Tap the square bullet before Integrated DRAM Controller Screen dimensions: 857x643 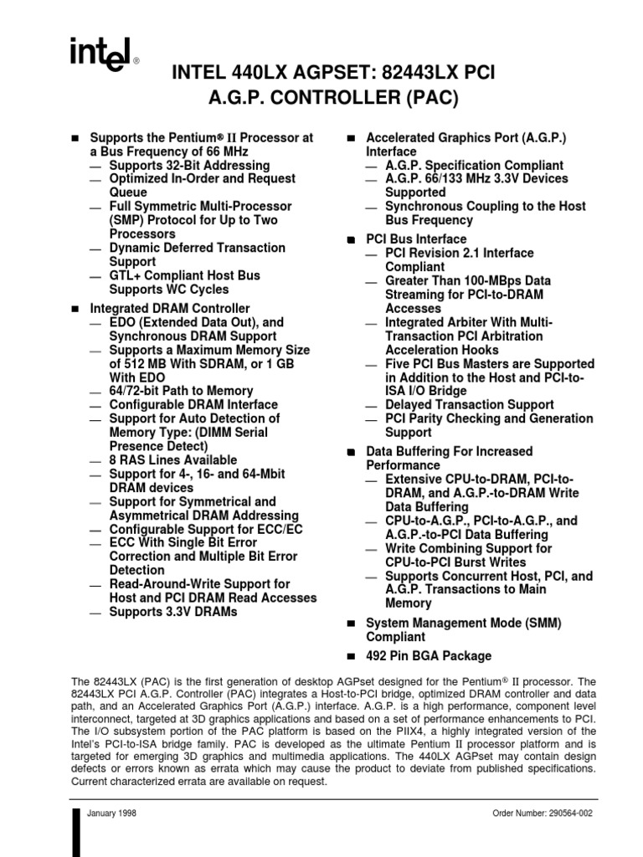74,310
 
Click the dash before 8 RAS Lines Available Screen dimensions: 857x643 97,461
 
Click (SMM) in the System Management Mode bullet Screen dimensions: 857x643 543,624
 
